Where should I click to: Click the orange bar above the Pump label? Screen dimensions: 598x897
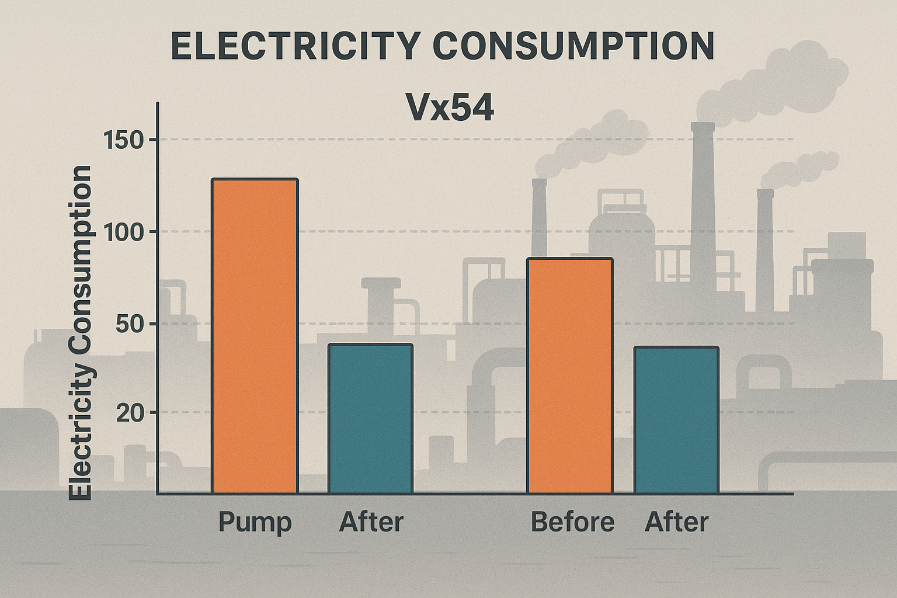click(255, 336)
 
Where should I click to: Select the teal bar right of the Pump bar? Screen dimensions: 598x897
click(370, 419)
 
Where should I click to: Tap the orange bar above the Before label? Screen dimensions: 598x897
click(570, 376)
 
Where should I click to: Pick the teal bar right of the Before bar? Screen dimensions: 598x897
click(676, 420)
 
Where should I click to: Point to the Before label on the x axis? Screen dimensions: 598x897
click(572, 521)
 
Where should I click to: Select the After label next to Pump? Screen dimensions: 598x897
click(371, 521)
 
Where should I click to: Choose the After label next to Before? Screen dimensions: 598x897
click(676, 521)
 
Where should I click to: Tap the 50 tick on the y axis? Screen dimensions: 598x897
click(130, 324)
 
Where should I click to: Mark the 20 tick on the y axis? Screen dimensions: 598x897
click(130, 413)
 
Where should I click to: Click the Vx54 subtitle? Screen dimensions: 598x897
click(450, 108)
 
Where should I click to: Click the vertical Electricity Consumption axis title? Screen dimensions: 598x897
click(81, 333)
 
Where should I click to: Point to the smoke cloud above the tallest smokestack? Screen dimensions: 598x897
click(771, 82)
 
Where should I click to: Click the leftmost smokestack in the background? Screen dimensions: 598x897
click(539, 216)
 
